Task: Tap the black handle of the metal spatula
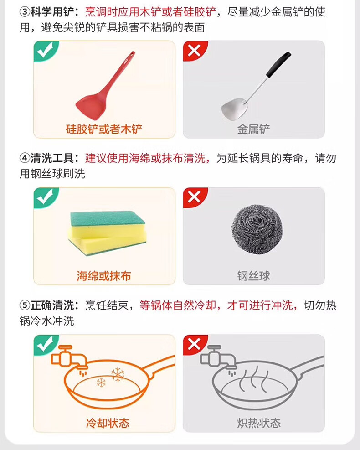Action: (278, 65)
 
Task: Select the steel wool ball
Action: (257, 229)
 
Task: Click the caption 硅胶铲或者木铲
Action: (104, 129)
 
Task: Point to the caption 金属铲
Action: (253, 129)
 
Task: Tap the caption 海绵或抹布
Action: (104, 276)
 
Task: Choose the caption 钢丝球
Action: (253, 276)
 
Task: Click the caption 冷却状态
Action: (108, 423)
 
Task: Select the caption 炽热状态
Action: (259, 423)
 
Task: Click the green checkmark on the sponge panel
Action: (45, 197)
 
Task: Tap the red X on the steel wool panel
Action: (194, 197)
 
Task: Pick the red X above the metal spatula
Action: (194, 51)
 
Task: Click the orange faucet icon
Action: (69, 358)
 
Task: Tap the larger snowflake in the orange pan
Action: (118, 374)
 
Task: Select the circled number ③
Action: (25, 12)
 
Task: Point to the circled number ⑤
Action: (25, 305)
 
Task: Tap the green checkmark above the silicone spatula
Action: (45, 51)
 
